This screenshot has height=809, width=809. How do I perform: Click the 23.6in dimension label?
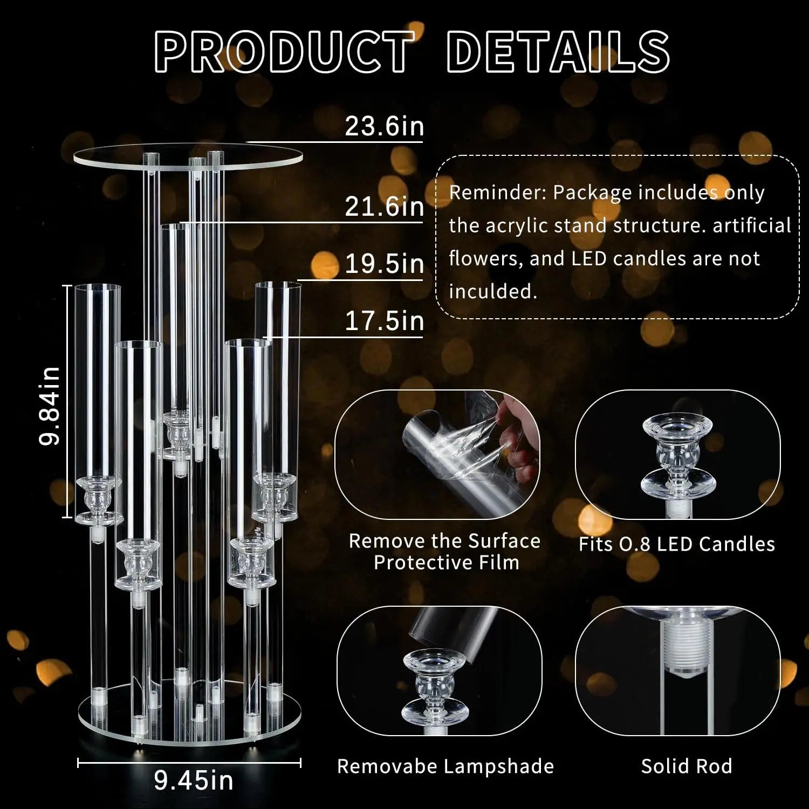pyautogui.click(x=384, y=127)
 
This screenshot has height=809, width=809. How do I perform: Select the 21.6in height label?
pyautogui.click(x=384, y=207)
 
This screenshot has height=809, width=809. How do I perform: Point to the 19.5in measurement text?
pyautogui.click(x=384, y=264)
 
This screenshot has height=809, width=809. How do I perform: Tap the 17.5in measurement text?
pyautogui.click(x=384, y=321)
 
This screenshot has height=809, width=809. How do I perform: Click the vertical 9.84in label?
pyautogui.click(x=50, y=406)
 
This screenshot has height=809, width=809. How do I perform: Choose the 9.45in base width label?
pyautogui.click(x=194, y=780)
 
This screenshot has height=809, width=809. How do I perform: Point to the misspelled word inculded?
pyautogui.click(x=493, y=292)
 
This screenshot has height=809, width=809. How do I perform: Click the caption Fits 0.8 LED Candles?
pyautogui.click(x=677, y=544)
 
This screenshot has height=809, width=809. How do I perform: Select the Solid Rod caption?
pyautogui.click(x=687, y=766)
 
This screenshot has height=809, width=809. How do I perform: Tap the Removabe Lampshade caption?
pyautogui.click(x=445, y=766)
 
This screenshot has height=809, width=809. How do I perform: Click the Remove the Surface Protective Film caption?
pyautogui.click(x=445, y=552)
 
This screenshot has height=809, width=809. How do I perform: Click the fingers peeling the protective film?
pyautogui.click(x=518, y=437)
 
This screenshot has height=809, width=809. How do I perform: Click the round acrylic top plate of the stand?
pyautogui.click(x=188, y=157)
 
